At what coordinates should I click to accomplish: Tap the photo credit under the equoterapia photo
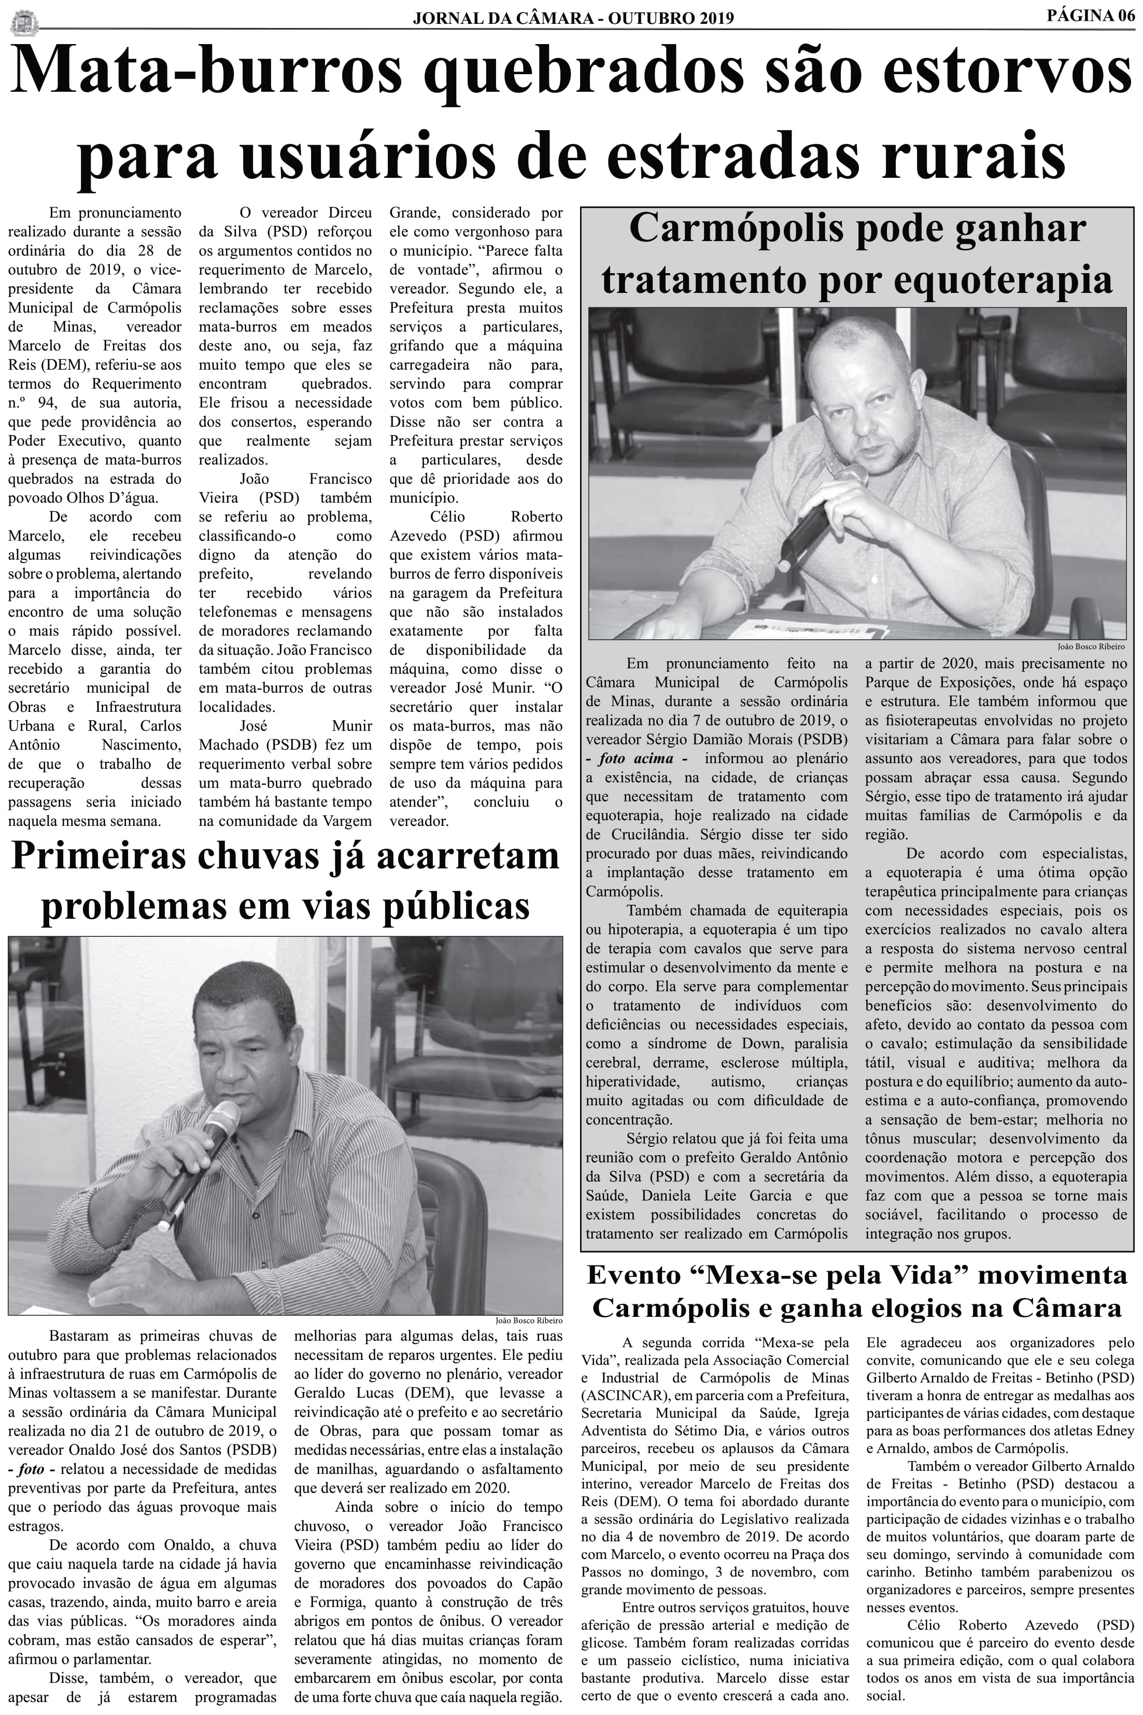tap(1091, 646)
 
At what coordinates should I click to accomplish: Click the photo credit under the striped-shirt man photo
tap(529, 1320)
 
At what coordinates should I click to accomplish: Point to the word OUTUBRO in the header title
tap(642, 18)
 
